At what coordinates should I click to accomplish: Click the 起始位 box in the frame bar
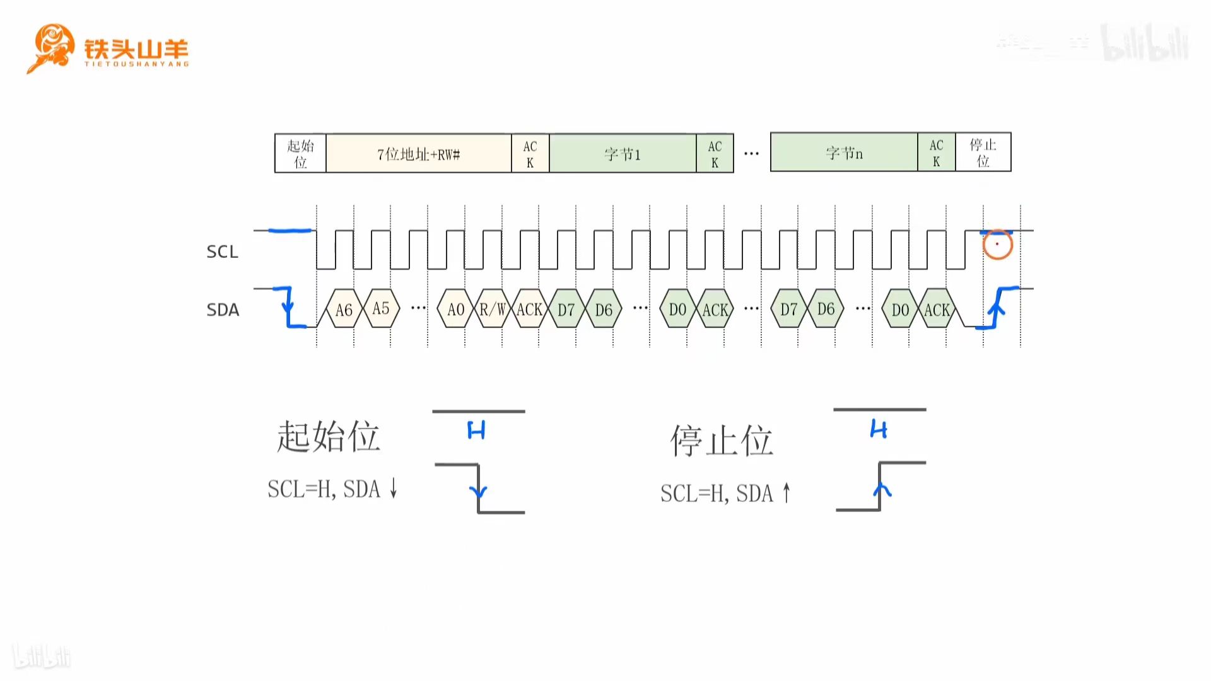click(300, 153)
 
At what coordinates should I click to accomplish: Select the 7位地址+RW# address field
click(418, 153)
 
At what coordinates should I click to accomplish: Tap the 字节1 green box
click(623, 153)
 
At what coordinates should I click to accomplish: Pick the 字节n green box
click(844, 153)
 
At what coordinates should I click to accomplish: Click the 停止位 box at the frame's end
click(983, 152)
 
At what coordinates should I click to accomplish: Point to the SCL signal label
click(222, 252)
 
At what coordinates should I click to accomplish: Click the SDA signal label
click(223, 310)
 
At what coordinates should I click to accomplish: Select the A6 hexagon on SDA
click(344, 309)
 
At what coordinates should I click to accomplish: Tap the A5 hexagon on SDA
click(381, 308)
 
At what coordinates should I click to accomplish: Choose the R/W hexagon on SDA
click(493, 309)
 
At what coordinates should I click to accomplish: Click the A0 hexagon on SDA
click(455, 309)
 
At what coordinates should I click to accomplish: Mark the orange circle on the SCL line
click(997, 245)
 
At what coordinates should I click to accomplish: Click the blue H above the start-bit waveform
click(476, 431)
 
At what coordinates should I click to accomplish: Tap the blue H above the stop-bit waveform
click(879, 429)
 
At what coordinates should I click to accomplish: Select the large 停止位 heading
click(721, 439)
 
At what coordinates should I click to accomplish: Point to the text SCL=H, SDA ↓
click(332, 489)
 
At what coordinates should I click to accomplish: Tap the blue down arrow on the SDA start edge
click(288, 307)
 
